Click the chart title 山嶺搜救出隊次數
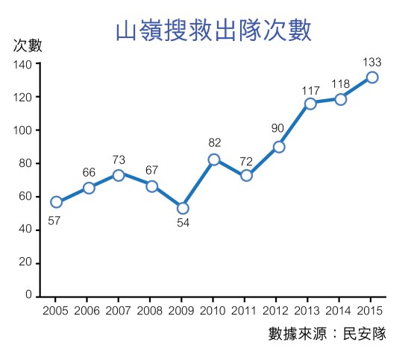[x=213, y=31]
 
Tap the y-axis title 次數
[x=28, y=45]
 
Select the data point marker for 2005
[x=57, y=202]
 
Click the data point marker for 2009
[x=183, y=207]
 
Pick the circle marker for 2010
[x=214, y=160]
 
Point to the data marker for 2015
[x=372, y=78]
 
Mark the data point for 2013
[x=310, y=104]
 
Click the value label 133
[x=371, y=61]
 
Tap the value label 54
[x=183, y=224]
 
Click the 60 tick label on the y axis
[x=25, y=197]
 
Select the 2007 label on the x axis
[x=119, y=310]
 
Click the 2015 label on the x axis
[x=372, y=310]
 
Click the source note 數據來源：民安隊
[x=327, y=334]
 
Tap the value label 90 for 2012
[x=277, y=128]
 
